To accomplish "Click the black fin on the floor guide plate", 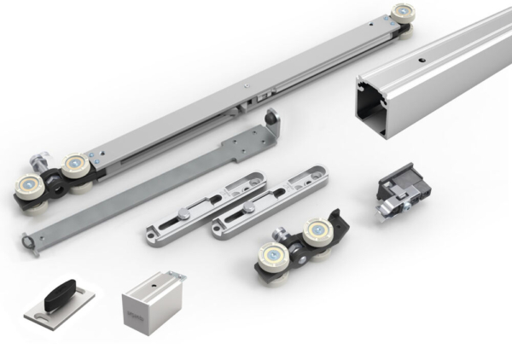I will (57, 289).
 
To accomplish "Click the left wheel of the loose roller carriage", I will (272, 253).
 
